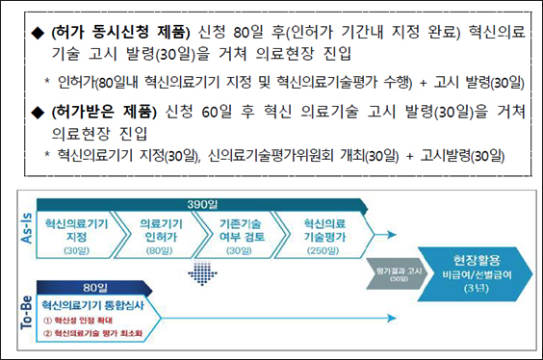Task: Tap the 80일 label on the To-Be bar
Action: (x=95, y=286)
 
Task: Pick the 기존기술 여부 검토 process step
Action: (x=233, y=232)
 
